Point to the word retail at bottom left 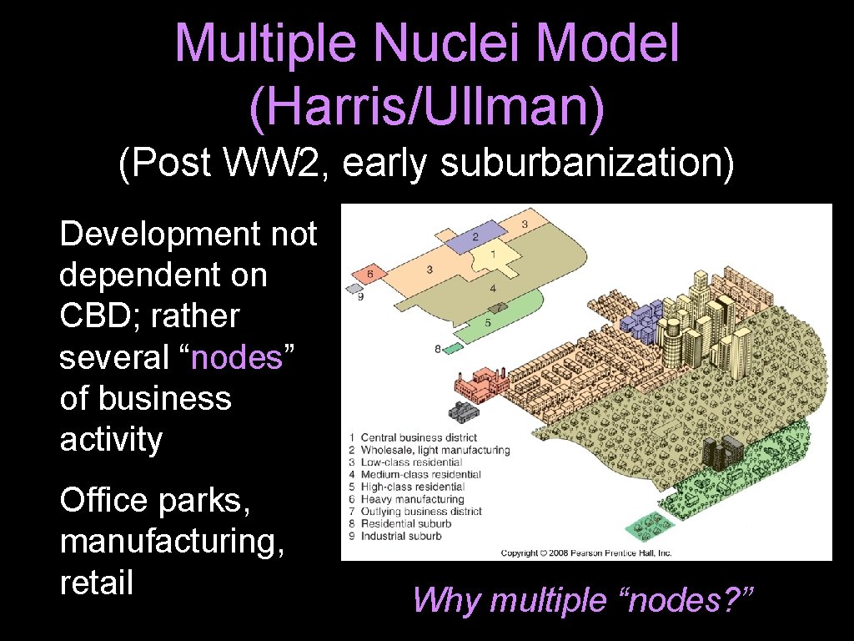[x=96, y=582]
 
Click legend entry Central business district [x=419, y=437]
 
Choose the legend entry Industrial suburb [x=401, y=536]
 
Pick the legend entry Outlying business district [x=421, y=512]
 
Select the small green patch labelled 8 [x=453, y=348]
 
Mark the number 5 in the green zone [x=488, y=322]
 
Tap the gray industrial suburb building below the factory [x=464, y=411]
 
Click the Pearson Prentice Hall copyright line [x=586, y=553]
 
